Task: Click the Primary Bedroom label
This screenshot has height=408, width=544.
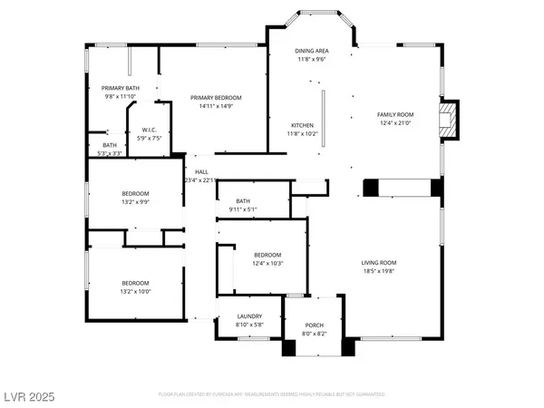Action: coord(215,96)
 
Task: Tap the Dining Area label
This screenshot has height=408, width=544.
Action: coord(311,51)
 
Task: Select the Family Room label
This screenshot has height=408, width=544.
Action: coord(394,114)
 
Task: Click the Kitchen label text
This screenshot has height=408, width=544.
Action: coord(302,125)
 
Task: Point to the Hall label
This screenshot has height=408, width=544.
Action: coord(201,172)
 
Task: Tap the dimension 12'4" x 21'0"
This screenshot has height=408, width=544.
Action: coord(394,122)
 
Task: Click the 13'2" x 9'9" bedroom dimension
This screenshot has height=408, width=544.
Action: coord(135,202)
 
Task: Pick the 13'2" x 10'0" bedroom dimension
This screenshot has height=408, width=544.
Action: coord(135,291)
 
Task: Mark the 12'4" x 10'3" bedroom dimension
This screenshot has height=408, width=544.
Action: coord(268,263)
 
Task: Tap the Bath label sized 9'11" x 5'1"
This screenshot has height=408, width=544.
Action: coord(242,201)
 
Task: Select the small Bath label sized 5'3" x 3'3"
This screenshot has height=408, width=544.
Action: coord(109,145)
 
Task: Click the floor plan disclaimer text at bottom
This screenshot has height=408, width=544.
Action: coord(272,395)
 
